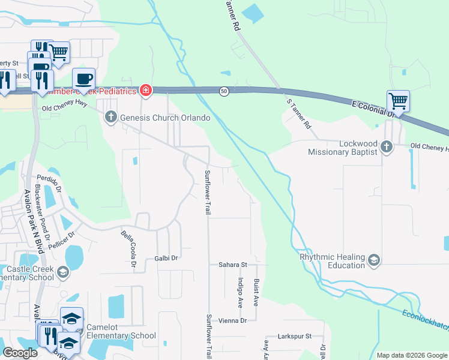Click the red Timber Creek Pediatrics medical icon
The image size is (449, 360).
click(x=145, y=91)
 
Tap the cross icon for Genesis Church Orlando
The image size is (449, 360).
click(x=110, y=118)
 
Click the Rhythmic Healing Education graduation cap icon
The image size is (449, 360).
click(x=373, y=260)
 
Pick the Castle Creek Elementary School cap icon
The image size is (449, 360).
click(x=62, y=274)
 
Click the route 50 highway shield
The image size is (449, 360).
click(x=223, y=91)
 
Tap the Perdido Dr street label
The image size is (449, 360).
click(x=49, y=182)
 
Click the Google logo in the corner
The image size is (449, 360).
click(x=20, y=353)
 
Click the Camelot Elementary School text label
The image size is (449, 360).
click(x=121, y=331)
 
